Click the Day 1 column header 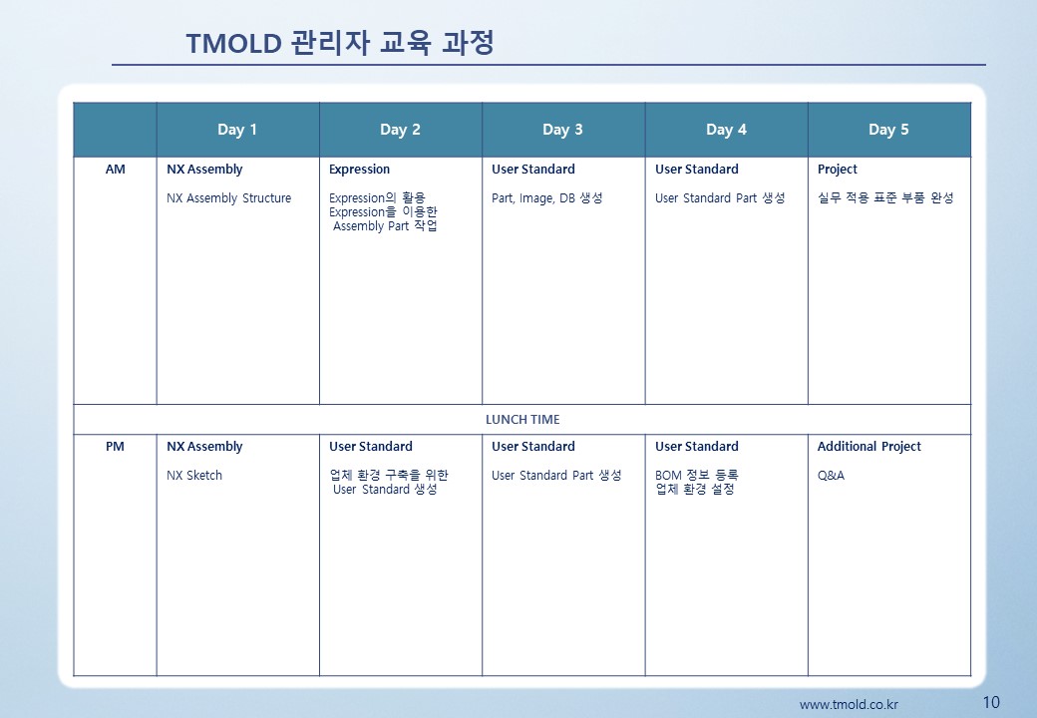236,130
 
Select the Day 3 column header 562,130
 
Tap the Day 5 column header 888,130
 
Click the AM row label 115,170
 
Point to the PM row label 115,447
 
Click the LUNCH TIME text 522,419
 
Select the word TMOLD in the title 234,44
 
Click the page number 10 991,702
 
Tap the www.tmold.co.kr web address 849,705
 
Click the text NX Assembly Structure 228,197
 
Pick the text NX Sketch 194,476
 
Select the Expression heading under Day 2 359,170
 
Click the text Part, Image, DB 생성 547,197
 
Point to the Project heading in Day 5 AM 838,170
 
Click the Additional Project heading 869,447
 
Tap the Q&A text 831,476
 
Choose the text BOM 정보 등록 696,475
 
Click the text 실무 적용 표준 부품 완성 885,197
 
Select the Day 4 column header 726,130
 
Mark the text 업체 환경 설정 695,490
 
